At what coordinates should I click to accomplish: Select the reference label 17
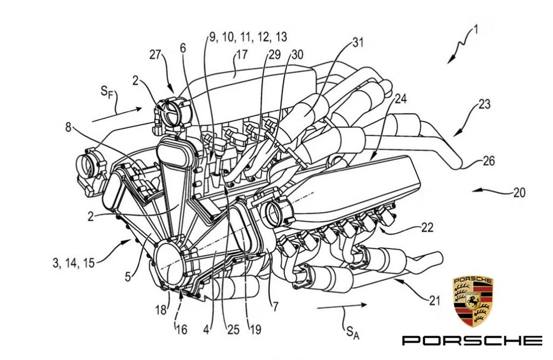[240, 56]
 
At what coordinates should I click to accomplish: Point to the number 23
[484, 104]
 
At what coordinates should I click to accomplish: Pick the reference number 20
[519, 192]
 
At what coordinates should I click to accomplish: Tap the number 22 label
[427, 228]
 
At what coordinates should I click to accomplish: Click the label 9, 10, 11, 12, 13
[248, 37]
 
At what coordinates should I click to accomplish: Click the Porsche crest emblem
[473, 301]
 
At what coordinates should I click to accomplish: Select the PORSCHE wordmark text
[471, 340]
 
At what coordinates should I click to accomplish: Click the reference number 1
[474, 31]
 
